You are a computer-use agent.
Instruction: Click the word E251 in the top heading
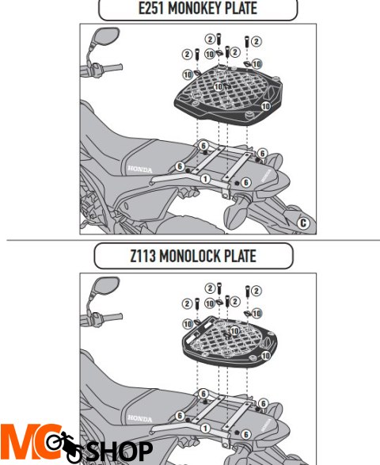151,8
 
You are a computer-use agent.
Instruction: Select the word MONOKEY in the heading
195,8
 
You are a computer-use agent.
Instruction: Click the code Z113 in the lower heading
142,256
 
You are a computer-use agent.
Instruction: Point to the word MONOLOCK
190,256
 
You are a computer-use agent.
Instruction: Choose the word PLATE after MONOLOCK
240,256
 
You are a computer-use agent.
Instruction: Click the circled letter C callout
303,223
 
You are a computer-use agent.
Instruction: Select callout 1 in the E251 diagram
205,179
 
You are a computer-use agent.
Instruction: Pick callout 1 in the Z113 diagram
205,429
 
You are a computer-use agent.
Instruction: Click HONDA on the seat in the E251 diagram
140,170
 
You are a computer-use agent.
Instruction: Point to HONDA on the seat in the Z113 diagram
140,419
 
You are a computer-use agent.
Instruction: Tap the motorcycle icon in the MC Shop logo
66,446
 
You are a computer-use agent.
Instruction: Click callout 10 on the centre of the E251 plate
218,87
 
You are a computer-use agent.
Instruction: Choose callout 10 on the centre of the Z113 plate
235,330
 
